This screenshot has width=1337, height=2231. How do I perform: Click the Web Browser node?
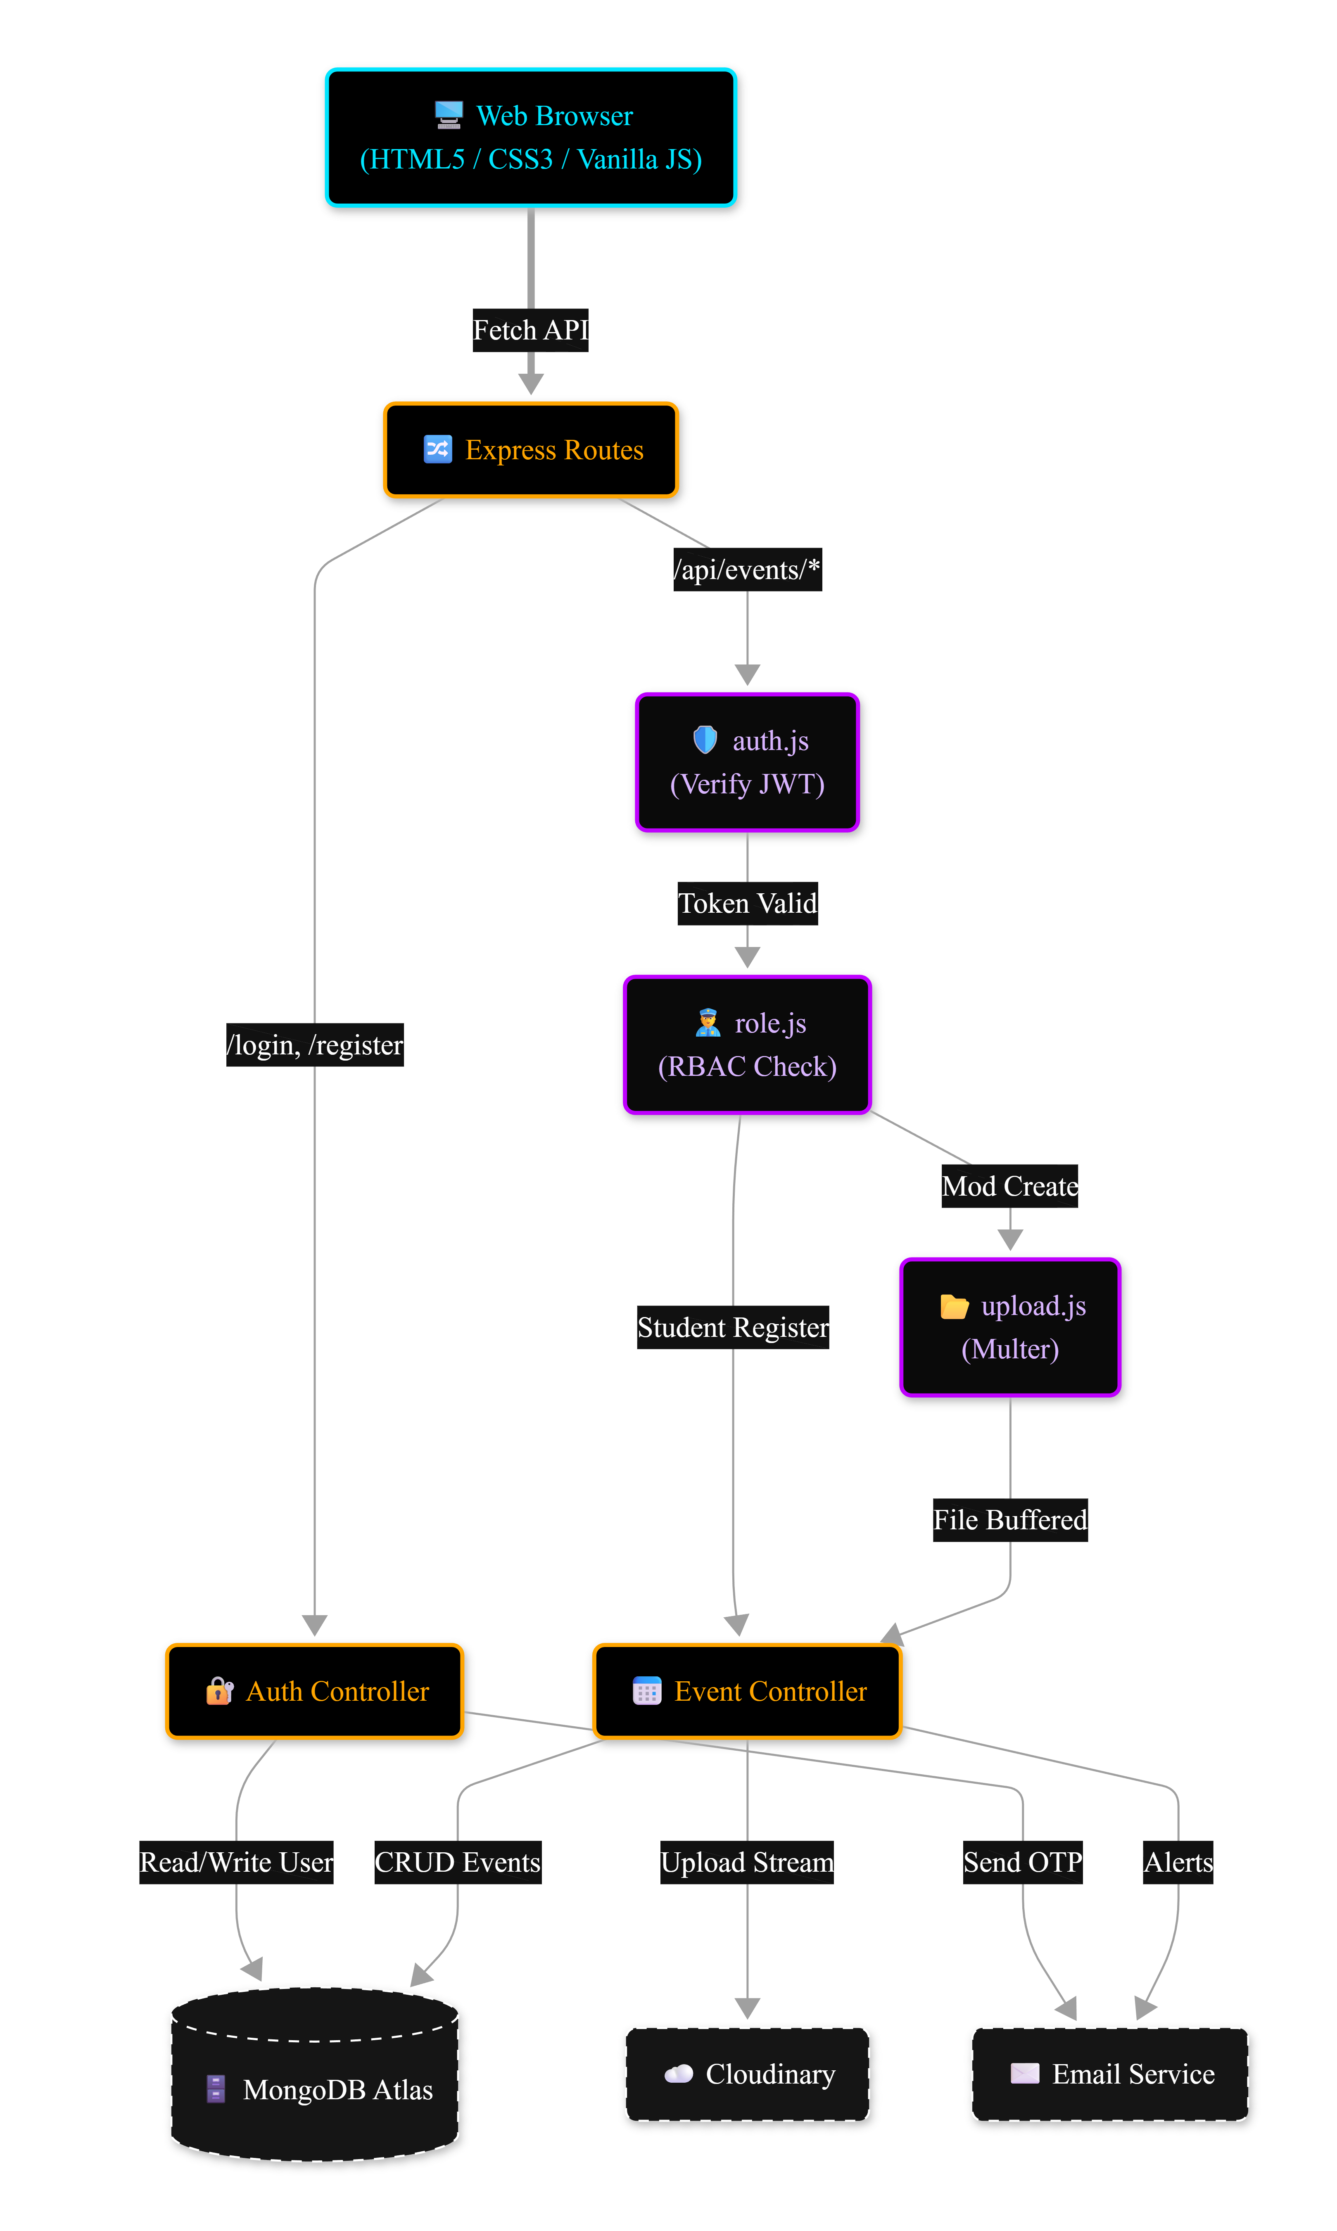click(x=532, y=138)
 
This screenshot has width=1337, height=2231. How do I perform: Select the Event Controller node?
click(x=748, y=1692)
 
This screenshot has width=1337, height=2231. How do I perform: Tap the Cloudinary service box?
click(x=748, y=2074)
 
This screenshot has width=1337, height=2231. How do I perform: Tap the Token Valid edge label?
click(x=748, y=903)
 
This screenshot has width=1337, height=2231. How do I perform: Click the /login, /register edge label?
click(x=314, y=1045)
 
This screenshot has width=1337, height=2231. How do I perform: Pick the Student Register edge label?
click(x=732, y=1328)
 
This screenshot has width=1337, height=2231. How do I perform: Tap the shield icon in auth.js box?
click(x=705, y=741)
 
